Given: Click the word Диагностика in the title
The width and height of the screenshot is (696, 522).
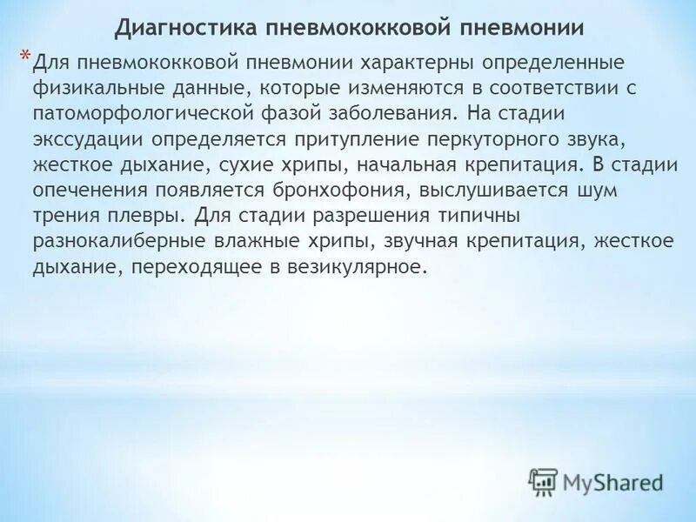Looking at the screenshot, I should (x=180, y=28).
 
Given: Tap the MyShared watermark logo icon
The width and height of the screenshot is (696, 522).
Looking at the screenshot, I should (x=544, y=482).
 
